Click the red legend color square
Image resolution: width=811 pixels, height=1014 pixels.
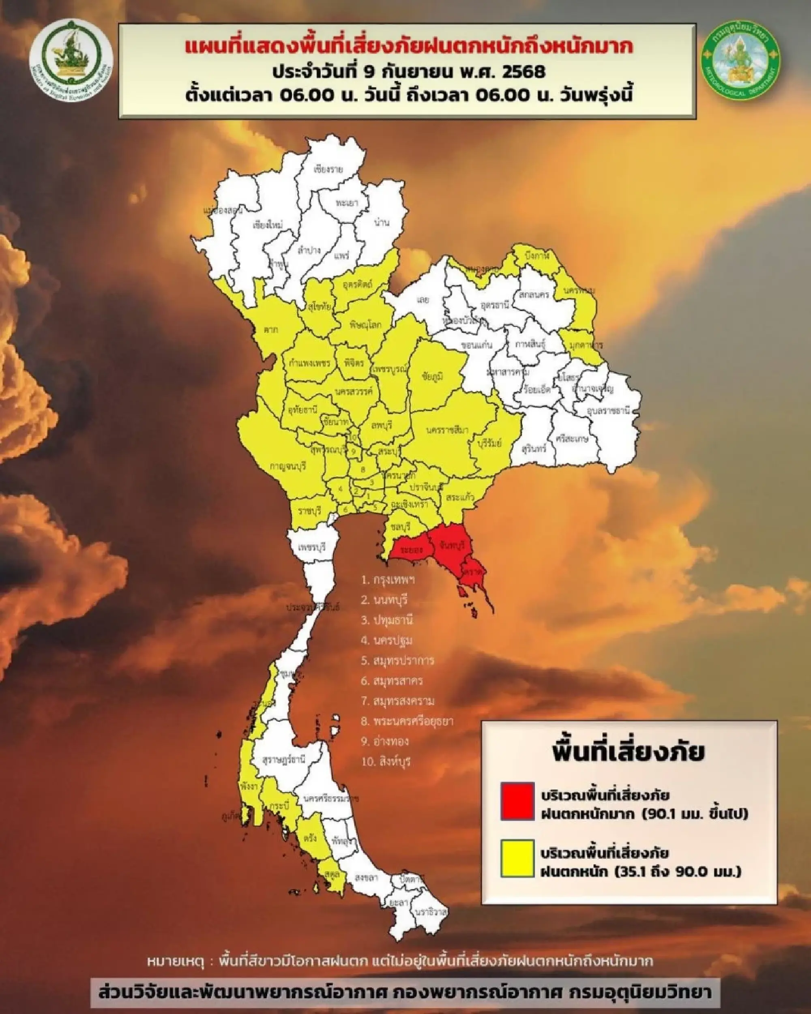517,801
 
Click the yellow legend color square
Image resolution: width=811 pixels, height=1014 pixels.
517,858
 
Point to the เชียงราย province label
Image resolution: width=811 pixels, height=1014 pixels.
328,170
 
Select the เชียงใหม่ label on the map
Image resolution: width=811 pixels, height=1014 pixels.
268,225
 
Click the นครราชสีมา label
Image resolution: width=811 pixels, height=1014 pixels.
447,430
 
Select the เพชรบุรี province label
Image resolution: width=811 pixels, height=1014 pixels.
311,547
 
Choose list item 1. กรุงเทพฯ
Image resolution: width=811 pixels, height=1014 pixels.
388,580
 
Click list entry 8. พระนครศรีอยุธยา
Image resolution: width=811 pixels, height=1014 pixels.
407,721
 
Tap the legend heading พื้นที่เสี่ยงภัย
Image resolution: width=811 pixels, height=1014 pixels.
629,752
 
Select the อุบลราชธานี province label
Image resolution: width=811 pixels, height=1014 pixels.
608,411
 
